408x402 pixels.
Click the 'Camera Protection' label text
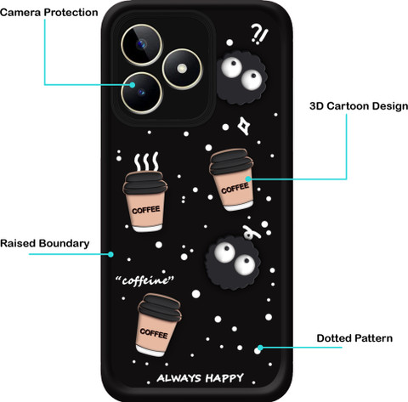point(49,13)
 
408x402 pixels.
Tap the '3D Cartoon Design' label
point(359,106)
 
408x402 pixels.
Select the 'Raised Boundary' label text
point(45,244)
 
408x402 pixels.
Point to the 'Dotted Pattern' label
point(354,338)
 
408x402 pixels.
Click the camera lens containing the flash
point(182,69)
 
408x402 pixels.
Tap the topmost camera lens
point(142,45)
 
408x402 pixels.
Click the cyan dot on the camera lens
point(133,85)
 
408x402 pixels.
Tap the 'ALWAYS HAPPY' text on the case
point(201,378)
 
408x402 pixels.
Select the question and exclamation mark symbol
point(259,34)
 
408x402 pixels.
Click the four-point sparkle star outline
point(243,126)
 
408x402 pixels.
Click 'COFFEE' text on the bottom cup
point(154,333)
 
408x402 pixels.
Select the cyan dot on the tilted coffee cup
point(248,179)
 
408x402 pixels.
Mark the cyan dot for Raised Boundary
point(110,254)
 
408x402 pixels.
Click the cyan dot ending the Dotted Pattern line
point(260,348)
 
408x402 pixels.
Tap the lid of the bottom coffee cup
point(160,308)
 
